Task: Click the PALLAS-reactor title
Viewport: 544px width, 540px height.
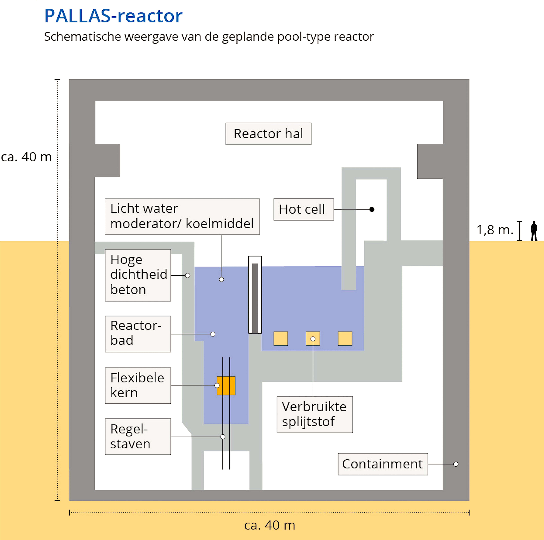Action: [113, 16]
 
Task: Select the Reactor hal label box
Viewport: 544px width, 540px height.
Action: [268, 134]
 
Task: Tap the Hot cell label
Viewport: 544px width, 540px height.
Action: [304, 209]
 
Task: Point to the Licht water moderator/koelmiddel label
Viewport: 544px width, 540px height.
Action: [182, 216]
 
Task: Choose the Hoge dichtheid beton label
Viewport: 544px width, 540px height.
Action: [138, 275]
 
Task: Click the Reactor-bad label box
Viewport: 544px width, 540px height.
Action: [138, 334]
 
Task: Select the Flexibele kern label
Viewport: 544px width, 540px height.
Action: [138, 385]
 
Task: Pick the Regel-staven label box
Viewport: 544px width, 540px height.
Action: [138, 436]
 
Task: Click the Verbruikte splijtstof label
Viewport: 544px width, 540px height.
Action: [315, 414]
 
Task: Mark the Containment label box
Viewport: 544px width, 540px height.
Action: [383, 464]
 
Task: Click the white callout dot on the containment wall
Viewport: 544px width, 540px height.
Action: [456, 464]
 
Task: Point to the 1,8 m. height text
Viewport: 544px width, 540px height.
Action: [495, 230]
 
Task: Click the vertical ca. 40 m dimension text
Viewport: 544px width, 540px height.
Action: [26, 157]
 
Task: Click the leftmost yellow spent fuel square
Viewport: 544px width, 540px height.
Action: [281, 338]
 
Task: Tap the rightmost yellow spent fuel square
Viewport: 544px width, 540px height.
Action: [345, 338]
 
